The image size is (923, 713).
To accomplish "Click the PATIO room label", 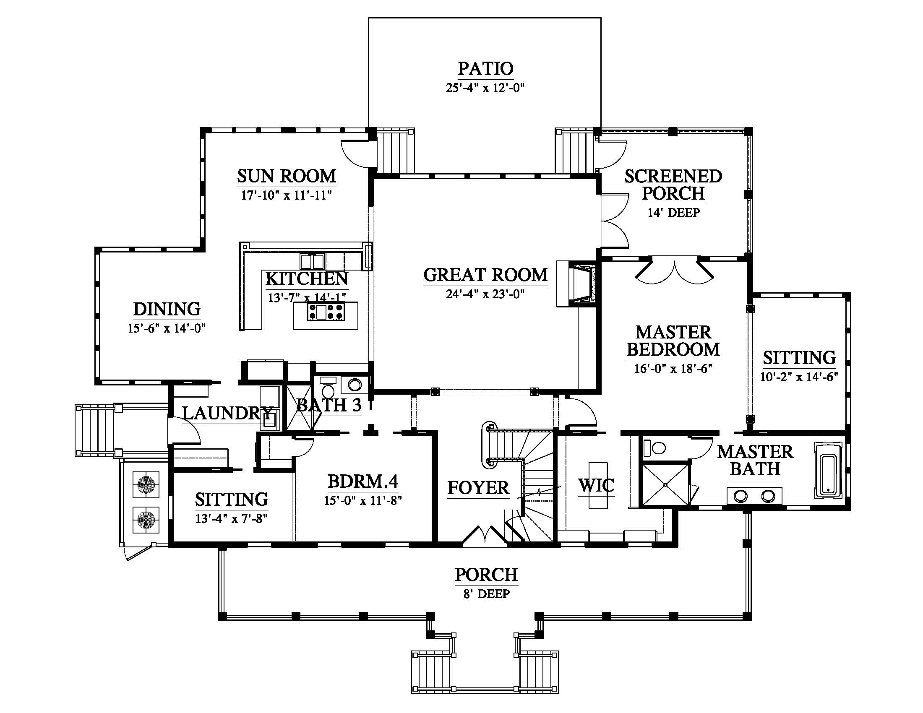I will [485, 69].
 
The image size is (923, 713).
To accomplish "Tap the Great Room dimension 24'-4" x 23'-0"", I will [485, 294].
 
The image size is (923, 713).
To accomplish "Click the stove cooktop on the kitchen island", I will [326, 312].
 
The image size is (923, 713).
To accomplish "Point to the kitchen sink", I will [312, 261].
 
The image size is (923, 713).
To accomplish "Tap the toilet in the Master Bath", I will [654, 448].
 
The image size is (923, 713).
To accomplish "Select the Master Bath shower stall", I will [665, 484].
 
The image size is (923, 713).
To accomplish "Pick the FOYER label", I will [478, 488].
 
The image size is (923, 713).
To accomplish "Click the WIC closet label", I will [596, 486].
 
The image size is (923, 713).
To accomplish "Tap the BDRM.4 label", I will [362, 481].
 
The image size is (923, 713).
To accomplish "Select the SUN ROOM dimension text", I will [286, 195].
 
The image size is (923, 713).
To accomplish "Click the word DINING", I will [167, 310].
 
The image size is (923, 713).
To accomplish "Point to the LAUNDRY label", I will [227, 413].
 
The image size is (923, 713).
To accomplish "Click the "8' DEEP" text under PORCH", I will [486, 594].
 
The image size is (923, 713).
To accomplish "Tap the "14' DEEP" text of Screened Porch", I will [674, 213].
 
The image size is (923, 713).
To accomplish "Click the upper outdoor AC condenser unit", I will [146, 484].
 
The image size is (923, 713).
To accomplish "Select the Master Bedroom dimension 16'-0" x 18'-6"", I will [673, 369].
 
